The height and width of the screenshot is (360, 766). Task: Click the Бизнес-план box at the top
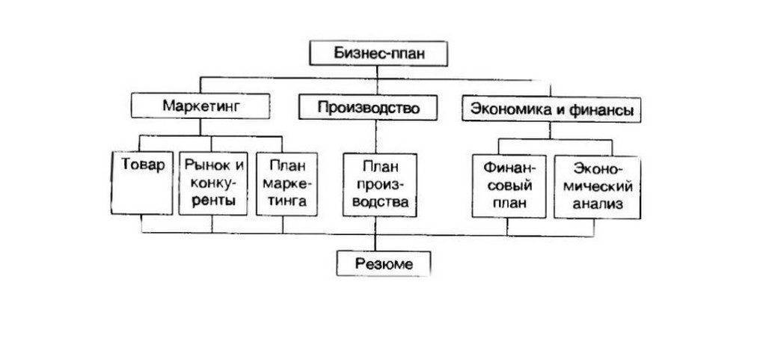(379, 55)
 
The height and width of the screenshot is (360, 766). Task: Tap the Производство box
(368, 108)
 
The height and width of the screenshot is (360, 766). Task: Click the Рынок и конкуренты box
(214, 184)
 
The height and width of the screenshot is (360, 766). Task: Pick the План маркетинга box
(284, 184)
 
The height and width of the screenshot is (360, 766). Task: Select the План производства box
(378, 185)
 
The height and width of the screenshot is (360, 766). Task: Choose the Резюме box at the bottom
(384, 263)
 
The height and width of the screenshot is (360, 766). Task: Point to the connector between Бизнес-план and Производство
(378, 79)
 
